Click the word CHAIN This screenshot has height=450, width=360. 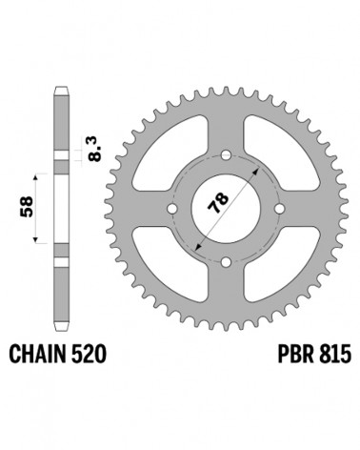(x=37, y=354)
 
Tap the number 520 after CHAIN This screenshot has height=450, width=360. (x=89, y=354)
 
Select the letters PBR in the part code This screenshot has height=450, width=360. (x=294, y=354)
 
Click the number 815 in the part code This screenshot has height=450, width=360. (x=334, y=354)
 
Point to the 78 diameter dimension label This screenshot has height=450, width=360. (x=218, y=202)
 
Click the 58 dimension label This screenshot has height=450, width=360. (x=27, y=207)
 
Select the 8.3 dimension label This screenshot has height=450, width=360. (x=94, y=150)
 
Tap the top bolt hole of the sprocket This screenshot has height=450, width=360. (x=226, y=155)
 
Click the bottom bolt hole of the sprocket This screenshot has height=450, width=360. (x=226, y=262)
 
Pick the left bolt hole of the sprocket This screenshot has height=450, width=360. (x=172, y=209)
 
